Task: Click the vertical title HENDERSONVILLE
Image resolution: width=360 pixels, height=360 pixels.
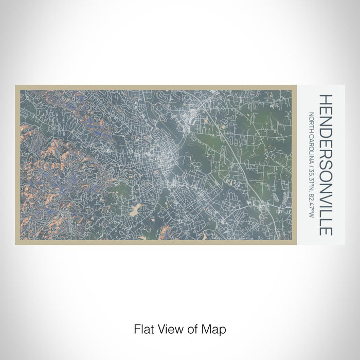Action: [x=327, y=165]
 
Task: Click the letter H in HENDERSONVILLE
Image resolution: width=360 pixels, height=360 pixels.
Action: [x=327, y=99]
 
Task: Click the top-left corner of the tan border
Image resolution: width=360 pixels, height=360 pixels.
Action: [x=16, y=86]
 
